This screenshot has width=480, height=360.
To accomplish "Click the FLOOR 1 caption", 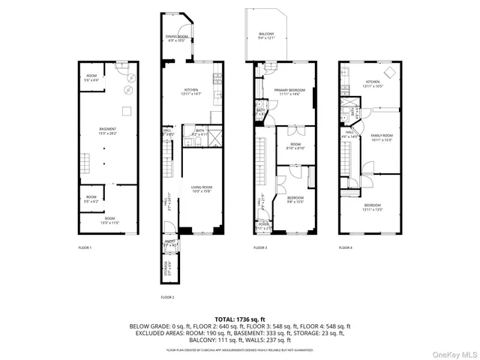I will (x=85, y=247).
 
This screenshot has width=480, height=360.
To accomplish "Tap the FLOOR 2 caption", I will (x=167, y=297).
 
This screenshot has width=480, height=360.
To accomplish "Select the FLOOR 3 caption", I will (x=259, y=247).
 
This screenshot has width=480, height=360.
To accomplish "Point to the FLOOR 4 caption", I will (x=345, y=247).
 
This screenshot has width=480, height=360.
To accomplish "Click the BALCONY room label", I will (x=266, y=34).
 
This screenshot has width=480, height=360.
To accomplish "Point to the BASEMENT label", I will (x=107, y=129).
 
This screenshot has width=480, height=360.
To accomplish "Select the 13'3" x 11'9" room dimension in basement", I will (x=110, y=223).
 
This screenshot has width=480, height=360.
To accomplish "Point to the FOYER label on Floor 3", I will (x=263, y=223).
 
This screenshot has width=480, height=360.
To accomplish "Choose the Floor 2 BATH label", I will (x=199, y=130).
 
